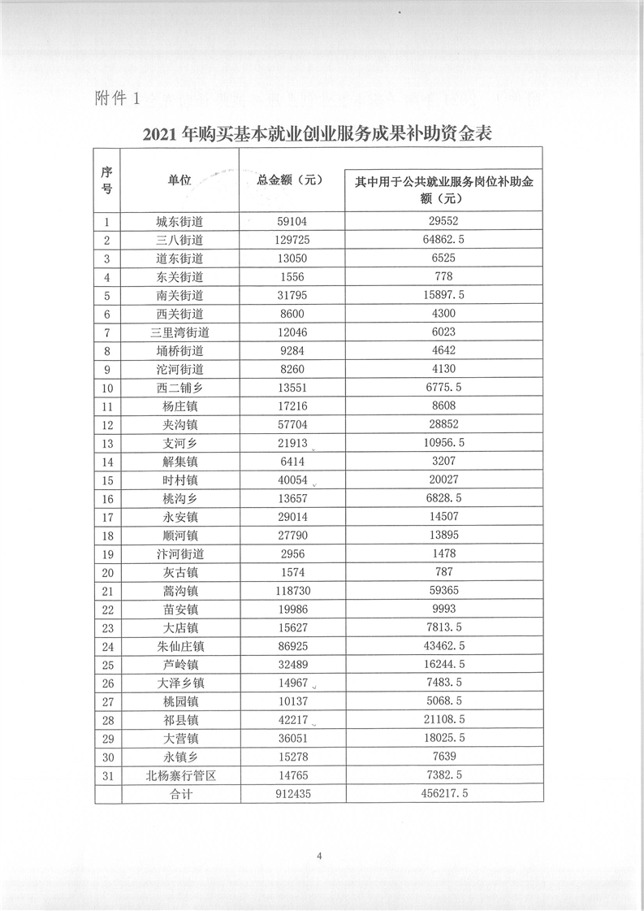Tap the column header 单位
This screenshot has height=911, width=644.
179,180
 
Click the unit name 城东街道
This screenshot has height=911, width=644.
179,221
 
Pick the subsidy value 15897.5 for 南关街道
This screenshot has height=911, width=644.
443,295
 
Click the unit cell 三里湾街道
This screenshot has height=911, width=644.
179,332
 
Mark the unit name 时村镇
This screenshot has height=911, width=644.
179,479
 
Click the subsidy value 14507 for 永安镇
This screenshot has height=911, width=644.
443,517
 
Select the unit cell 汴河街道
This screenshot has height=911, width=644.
179,553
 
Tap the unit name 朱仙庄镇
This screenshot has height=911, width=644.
179,646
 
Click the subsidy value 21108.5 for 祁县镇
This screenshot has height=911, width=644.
443,720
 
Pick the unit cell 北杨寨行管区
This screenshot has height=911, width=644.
179,775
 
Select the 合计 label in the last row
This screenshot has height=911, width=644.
179,794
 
